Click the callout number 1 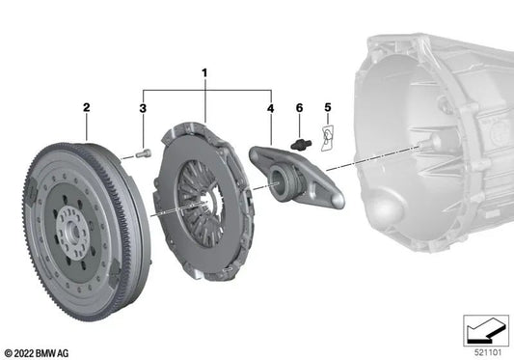204,73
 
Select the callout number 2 86,107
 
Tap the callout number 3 143,108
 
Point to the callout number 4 270,108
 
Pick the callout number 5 328,107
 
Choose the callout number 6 299,107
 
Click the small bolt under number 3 144,153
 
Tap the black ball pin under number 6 301,145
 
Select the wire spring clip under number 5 327,138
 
